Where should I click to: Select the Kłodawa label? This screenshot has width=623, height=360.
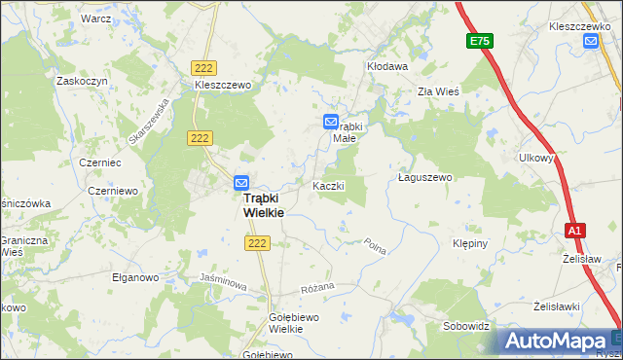[386, 66]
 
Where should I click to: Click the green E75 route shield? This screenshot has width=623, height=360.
[479, 41]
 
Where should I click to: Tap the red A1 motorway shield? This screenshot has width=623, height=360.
[575, 231]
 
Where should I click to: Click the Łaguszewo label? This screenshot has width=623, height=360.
[426, 178]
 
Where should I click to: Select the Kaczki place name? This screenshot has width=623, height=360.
[328, 185]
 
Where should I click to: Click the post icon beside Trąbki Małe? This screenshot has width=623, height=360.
[331, 122]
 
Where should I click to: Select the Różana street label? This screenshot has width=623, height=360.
[317, 287]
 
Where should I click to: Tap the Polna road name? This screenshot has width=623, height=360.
[375, 246]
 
